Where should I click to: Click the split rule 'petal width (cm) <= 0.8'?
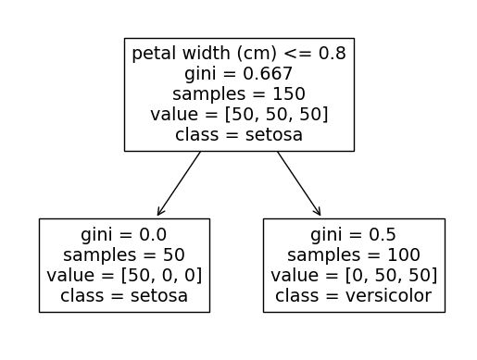(239, 54)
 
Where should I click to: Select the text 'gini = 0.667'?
(239, 74)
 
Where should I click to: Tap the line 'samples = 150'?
(239, 94)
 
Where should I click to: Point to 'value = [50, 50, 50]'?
(239, 115)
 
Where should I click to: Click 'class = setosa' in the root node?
(239, 135)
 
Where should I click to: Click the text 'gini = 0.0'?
(124, 235)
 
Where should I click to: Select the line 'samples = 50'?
(124, 255)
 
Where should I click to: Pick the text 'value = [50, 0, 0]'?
(124, 276)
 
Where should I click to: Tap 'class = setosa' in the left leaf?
(124, 296)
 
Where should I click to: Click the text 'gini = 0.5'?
(354, 235)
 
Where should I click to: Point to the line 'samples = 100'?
(354, 255)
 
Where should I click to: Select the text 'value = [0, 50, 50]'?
(354, 276)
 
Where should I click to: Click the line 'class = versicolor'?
(354, 296)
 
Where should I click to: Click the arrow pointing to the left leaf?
(179, 184)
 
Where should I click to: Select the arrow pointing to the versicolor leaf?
(298, 184)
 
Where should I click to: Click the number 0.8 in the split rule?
(333, 54)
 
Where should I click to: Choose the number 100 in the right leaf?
(406, 255)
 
